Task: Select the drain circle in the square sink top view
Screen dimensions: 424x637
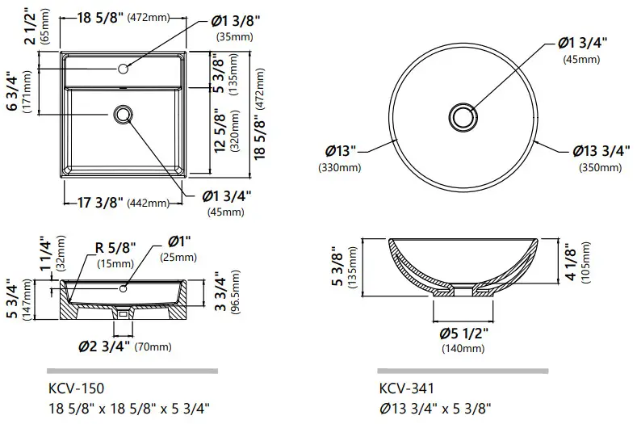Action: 124,115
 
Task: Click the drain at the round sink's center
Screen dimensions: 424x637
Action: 464,115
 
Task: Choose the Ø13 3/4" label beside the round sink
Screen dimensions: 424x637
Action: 597,152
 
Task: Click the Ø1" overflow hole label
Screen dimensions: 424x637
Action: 179,242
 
